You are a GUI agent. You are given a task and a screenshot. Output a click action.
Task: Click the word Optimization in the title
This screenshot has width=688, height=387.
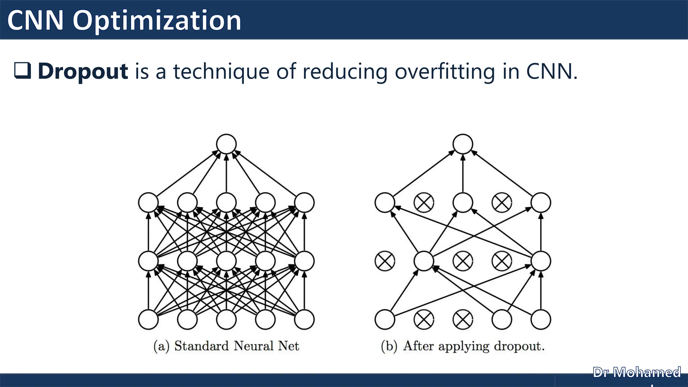point(157,21)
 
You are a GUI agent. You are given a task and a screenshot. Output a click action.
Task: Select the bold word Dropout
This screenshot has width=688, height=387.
point(83,71)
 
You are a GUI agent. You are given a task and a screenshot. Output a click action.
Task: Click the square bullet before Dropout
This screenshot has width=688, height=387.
point(23,71)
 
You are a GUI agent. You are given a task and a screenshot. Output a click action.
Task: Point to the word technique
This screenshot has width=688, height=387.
point(221,71)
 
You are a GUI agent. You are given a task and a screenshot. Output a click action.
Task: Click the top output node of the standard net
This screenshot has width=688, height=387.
point(226,144)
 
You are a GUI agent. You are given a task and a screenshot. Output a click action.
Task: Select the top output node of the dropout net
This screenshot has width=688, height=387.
point(463,144)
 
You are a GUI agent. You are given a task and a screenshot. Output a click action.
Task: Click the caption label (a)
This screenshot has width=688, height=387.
point(161,346)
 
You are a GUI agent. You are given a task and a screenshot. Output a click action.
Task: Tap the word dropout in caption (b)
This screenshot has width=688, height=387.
point(519,346)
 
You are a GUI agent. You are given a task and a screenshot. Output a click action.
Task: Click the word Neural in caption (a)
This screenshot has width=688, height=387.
point(253,346)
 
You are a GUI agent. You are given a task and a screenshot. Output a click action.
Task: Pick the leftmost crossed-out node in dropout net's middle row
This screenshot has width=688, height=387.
point(385,261)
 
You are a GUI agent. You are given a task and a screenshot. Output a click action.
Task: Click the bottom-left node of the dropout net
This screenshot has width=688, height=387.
point(385,319)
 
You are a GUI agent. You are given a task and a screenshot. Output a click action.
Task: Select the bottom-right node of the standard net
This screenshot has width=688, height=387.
point(304,319)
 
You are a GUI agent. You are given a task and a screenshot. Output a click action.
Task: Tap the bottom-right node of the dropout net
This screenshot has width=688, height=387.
point(541,319)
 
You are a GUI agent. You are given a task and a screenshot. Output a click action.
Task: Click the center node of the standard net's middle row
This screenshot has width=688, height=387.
point(226,261)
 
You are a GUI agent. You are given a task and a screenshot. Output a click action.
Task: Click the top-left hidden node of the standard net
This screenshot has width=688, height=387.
point(148,203)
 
